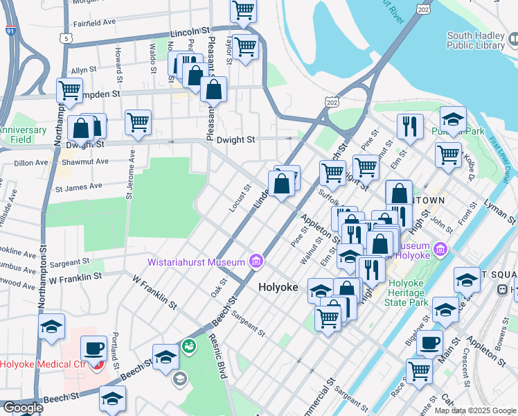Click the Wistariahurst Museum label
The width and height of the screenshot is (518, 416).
click(196, 262)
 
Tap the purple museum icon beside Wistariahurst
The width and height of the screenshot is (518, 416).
click(256, 261)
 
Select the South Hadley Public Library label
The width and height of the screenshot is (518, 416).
click(476, 40)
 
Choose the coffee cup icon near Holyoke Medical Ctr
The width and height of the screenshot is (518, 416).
click(93, 348)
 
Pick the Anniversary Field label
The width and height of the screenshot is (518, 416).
click(23, 134)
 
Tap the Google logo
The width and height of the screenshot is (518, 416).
click(22, 408)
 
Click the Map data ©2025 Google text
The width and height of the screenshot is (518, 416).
click(475, 410)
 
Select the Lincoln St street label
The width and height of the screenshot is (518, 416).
click(190, 33)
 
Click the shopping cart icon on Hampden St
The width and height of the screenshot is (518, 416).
click(69, 90)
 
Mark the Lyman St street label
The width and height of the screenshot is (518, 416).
click(500, 210)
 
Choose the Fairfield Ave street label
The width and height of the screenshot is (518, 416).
click(95, 22)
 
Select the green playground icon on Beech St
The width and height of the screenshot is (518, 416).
click(188, 345)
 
